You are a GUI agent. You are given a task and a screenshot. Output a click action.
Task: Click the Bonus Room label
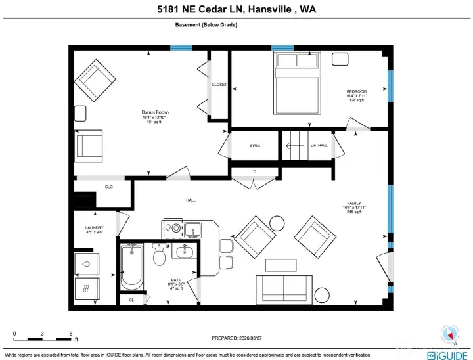155,112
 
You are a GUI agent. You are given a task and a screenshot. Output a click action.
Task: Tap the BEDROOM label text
357,91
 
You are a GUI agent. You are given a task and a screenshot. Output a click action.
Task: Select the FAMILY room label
355,204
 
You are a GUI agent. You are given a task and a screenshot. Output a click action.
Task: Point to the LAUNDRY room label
94,228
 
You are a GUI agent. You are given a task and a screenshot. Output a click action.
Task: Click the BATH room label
176,279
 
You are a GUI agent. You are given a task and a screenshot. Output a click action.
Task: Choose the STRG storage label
255,146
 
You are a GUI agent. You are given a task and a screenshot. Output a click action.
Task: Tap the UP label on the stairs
313,146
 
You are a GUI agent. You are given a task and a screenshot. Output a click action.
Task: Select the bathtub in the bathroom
132,267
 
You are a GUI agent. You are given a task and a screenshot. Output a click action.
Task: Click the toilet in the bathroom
159,256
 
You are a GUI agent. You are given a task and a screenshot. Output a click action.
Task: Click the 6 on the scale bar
70,333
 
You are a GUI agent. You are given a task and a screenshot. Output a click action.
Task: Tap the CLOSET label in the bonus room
219,85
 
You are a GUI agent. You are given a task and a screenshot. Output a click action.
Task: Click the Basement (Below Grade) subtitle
206,25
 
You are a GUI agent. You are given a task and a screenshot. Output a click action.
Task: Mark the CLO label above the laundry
109,187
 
